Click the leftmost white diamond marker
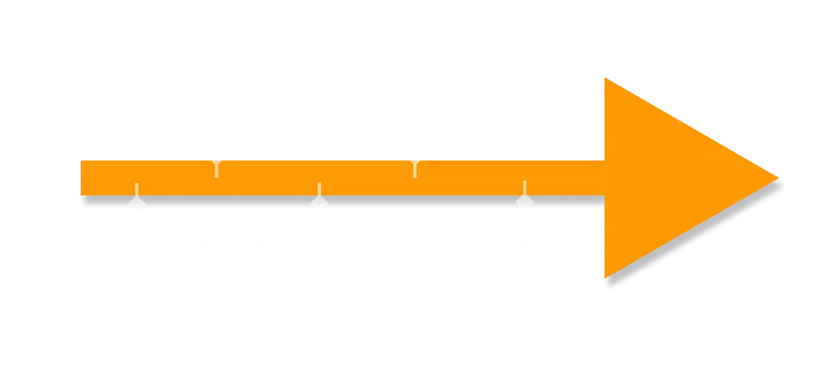pyautogui.click(x=136, y=204)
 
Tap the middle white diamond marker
pyautogui.click(x=318, y=204)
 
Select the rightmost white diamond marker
pyautogui.click(x=524, y=204)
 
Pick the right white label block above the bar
pyautogui.click(x=415, y=115)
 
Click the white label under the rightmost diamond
pyautogui.click(x=522, y=250)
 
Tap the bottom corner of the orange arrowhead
pyautogui.click(x=606, y=278)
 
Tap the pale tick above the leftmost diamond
pyautogui.click(x=136, y=188)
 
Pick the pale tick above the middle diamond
pyautogui.click(x=318, y=188)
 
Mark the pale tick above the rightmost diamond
pyautogui.click(x=524, y=187)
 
